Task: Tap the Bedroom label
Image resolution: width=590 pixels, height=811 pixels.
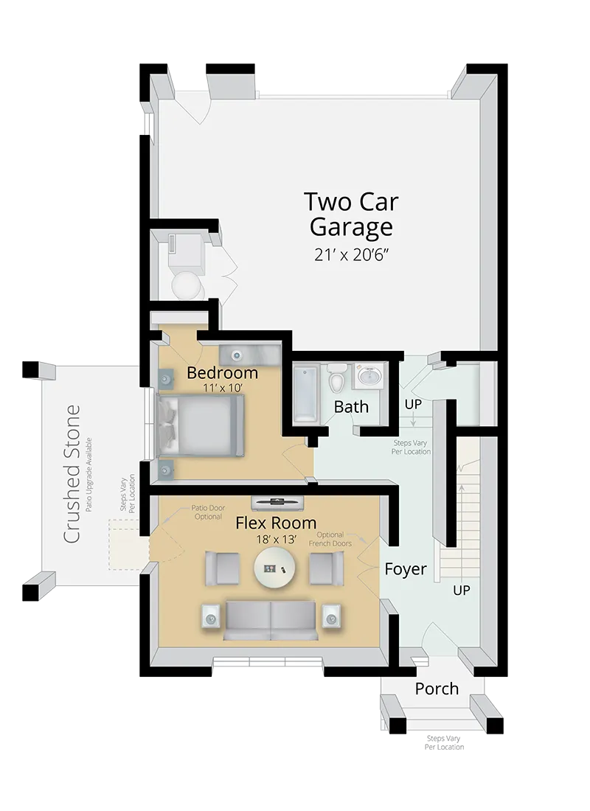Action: [x=222, y=372]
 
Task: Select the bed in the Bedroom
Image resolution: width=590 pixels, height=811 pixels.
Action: [x=201, y=425]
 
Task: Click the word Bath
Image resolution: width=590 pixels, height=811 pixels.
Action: [x=351, y=406]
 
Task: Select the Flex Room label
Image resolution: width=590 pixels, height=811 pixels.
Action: [x=276, y=523]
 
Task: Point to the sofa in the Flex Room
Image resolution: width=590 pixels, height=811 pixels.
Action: [x=270, y=619]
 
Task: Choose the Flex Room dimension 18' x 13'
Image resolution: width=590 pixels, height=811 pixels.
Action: [x=276, y=540]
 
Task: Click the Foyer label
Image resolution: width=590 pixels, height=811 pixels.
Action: [x=406, y=569]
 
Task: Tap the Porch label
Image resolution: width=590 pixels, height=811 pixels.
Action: [x=437, y=689]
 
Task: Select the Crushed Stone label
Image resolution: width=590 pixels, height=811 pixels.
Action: [x=72, y=474]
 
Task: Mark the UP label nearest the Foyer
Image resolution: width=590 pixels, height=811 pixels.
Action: [x=461, y=591]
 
